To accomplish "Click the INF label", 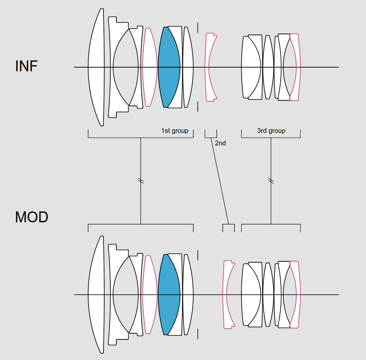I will pos(26,66).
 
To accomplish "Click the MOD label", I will pos(31,217).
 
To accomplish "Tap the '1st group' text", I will pos(175,131).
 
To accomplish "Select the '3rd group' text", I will pos(271,131).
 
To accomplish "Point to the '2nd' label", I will pos(220,143).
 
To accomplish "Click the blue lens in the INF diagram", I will pos(169,67).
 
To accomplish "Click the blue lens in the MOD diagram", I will pos(169,294).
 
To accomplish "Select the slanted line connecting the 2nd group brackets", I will pos(220,181).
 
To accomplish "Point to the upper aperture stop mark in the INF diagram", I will pos(198,28).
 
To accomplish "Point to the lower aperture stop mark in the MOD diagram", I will pos(198,334).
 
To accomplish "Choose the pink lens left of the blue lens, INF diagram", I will pos(150,67).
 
